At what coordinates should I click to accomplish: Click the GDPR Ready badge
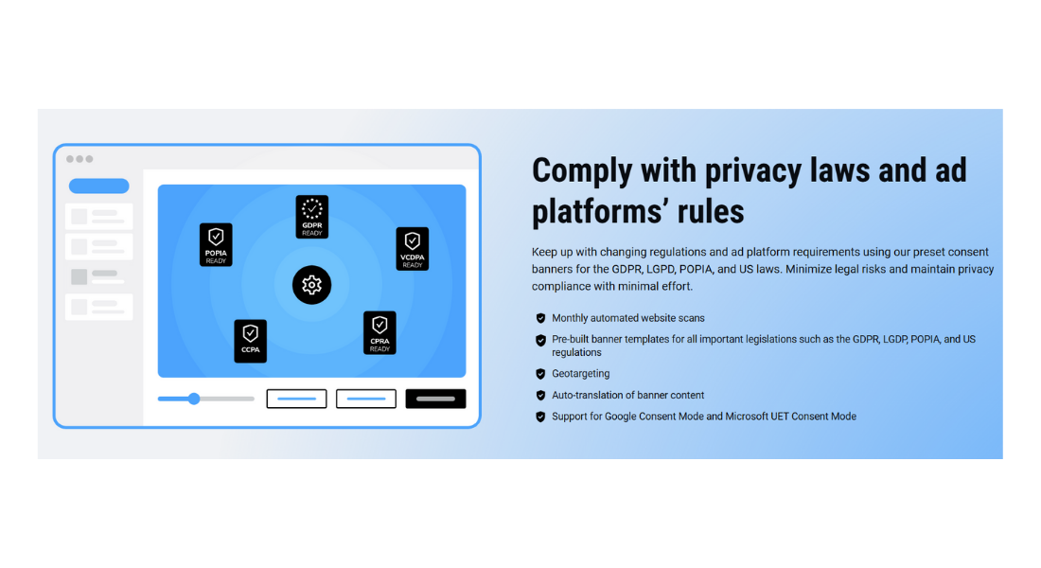tap(311, 217)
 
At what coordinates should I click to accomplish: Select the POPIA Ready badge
tap(216, 244)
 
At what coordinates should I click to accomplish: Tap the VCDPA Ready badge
tap(412, 249)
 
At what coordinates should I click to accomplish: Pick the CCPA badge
tap(250, 341)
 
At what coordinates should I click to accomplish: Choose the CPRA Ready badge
tap(379, 332)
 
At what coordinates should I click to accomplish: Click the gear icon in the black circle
tap(311, 284)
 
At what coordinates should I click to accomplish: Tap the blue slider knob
tap(194, 399)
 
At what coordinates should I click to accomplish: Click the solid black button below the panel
tap(435, 399)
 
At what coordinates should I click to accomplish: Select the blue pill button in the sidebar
tap(98, 186)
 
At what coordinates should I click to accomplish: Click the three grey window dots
tap(79, 159)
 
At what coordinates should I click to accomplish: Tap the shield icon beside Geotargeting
tap(540, 374)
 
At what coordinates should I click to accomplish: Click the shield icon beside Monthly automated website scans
tap(540, 318)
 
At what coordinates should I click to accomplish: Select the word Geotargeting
tap(580, 374)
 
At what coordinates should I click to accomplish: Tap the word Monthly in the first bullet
tap(572, 318)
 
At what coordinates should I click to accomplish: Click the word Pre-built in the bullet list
tap(573, 339)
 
